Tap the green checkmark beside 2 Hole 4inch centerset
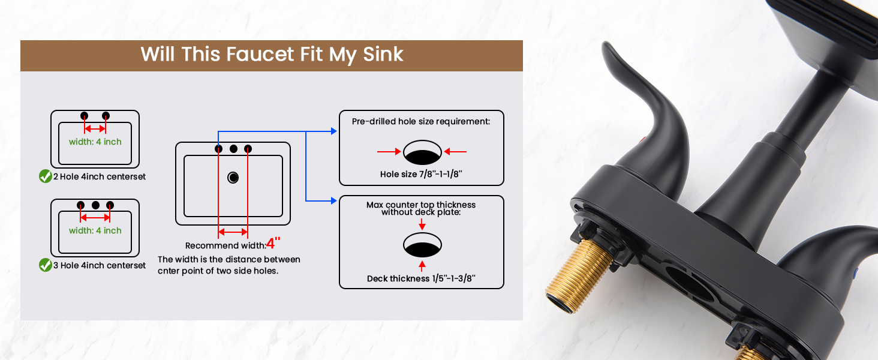46,176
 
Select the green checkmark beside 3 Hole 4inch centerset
46,265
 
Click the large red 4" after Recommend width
273,243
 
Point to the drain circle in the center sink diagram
233,178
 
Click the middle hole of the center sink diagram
234,149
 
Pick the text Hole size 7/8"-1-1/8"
421,174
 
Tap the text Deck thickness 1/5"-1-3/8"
421,278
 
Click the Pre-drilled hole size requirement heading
421,122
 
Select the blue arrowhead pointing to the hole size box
333,131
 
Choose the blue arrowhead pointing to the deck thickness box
333,201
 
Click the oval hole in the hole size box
423,152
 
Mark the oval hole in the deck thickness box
423,245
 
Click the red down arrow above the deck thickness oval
422,224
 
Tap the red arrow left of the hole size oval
389,151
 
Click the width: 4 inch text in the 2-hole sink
95,142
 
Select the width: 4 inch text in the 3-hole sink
95,230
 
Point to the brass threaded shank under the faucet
578,277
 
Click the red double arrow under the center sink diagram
233,232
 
